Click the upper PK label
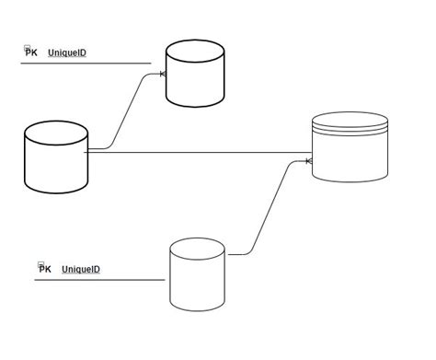(31, 52)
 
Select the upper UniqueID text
(67, 52)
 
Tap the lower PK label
(45, 269)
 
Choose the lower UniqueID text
(81, 269)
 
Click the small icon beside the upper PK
(27, 48)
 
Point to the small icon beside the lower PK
(40, 264)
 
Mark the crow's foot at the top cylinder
(165, 74)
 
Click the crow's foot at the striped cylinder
(309, 161)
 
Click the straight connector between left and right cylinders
(202, 151)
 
